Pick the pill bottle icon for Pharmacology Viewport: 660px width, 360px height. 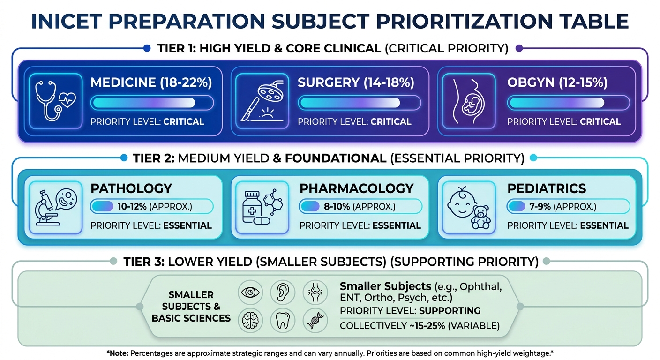252,207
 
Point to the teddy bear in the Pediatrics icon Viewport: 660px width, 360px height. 480,217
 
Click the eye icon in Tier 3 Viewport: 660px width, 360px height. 250,292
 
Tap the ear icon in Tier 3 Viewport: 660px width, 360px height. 283,292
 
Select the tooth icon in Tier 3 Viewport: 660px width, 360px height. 283,321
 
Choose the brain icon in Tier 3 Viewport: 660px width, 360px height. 250,321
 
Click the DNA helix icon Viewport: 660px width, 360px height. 315,321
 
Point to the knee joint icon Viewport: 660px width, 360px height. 315,292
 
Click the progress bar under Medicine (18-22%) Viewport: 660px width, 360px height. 152,103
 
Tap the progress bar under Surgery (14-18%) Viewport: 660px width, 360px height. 359,103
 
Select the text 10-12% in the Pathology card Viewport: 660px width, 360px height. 132,207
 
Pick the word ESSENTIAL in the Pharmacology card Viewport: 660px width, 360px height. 397,225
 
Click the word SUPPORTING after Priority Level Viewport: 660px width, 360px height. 450,310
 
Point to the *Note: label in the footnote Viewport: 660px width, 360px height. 117,353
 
